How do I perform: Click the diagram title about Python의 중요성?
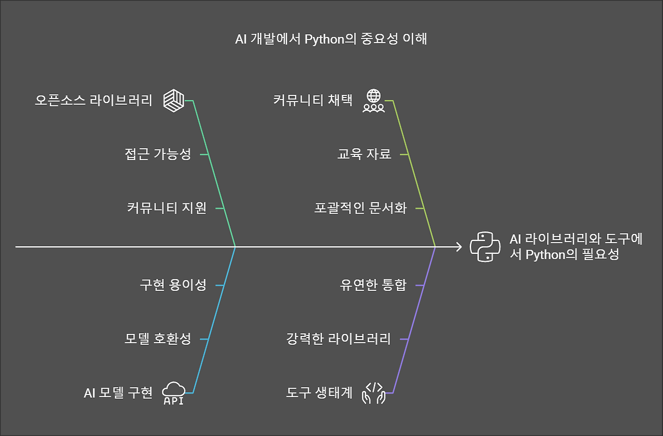click(x=331, y=39)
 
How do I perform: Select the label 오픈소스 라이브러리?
click(x=93, y=100)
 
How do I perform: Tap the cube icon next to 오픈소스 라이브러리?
click(x=174, y=100)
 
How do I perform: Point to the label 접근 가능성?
click(x=157, y=154)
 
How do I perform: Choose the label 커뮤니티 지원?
click(x=166, y=208)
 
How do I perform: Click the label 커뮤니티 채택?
click(x=313, y=100)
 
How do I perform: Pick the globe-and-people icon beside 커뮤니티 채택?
click(x=373, y=101)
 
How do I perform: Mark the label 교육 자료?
click(x=364, y=154)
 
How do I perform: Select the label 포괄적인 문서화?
click(x=360, y=208)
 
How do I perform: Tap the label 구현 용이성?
click(x=173, y=285)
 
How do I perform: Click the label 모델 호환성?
click(x=157, y=339)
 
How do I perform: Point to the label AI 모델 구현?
click(x=118, y=393)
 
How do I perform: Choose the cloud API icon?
click(x=174, y=393)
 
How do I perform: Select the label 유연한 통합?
click(x=373, y=285)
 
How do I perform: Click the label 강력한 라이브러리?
click(x=338, y=339)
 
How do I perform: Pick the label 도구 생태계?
click(x=319, y=393)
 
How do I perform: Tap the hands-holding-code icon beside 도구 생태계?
click(x=373, y=393)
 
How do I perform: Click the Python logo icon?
click(x=485, y=247)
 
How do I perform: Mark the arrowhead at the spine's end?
click(x=458, y=247)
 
